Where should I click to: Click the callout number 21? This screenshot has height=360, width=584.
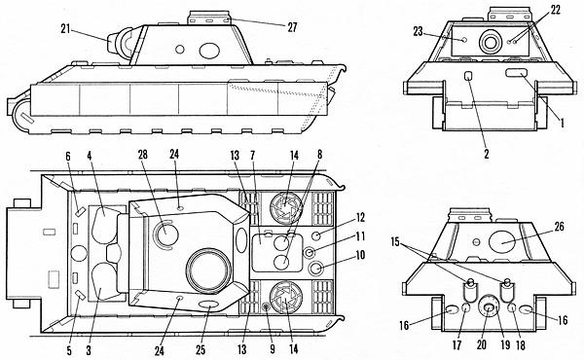coord(65,29)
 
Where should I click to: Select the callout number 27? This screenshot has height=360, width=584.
coord(292,27)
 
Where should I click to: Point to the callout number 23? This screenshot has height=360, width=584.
coord(418,31)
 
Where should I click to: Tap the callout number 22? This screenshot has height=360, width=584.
coord(555,10)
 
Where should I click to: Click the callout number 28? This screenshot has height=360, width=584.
coord(143,155)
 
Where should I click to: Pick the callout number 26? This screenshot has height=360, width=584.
coord(559,227)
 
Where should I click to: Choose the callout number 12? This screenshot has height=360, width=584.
coord(360,217)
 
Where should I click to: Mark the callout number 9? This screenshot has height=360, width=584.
coord(273,349)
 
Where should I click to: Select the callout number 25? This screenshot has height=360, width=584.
coord(201,350)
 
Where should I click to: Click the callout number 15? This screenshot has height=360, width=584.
coord(395,242)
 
